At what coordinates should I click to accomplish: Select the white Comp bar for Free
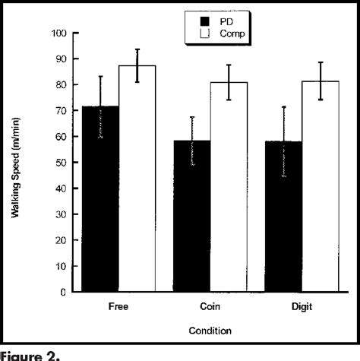pos(137,179)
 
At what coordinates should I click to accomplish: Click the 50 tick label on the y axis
pos(59,163)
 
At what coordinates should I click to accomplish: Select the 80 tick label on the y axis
pos(59,85)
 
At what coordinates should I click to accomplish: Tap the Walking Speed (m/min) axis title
pos(16,162)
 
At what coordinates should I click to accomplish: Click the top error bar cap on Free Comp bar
pos(137,49)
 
